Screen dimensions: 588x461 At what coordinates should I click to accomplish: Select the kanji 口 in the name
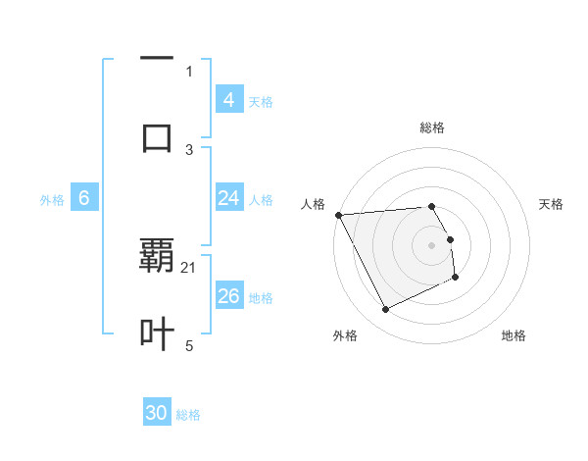tap(157, 136)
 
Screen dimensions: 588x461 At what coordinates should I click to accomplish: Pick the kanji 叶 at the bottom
tap(157, 333)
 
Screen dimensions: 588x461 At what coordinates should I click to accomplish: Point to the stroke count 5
tap(189, 345)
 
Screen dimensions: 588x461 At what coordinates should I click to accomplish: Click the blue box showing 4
tap(228, 100)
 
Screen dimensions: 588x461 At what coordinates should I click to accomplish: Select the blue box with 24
tap(228, 198)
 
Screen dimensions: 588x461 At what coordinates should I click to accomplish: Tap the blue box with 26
tap(228, 296)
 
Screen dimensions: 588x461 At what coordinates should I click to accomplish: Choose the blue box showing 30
tap(157, 414)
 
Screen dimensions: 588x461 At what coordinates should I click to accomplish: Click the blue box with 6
tap(84, 198)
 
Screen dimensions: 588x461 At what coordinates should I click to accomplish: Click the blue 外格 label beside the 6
tap(52, 200)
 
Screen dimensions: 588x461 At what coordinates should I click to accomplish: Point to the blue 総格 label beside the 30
tap(188, 416)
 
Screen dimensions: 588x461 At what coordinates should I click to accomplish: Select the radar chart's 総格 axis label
tap(431, 128)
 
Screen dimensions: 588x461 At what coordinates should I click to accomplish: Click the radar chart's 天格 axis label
tap(551, 204)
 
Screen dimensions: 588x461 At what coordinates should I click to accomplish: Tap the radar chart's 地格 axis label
tap(514, 335)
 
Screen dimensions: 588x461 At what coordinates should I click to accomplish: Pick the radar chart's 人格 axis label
tap(313, 204)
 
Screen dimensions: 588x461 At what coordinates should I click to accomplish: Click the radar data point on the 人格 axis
tap(338, 215)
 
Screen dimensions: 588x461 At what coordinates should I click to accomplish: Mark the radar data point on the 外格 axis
tap(385, 310)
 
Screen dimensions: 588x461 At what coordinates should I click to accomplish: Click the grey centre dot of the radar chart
tap(431, 245)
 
